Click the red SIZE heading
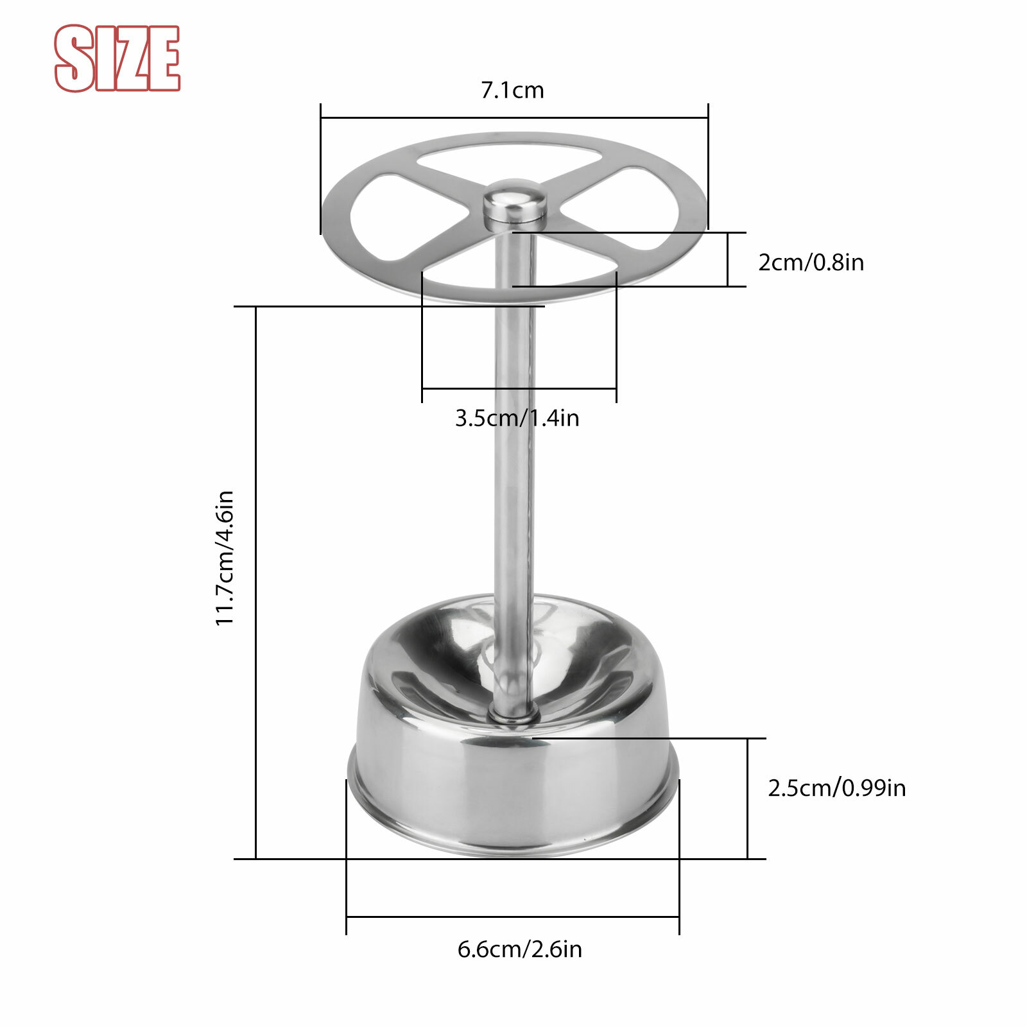pos(117,58)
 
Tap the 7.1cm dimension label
pos(512,91)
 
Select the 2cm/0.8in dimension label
pos(811,263)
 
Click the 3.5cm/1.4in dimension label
pos(517,419)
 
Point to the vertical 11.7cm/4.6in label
pos(225,558)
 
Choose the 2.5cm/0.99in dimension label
pos(836,788)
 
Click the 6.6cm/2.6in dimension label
pos(519,949)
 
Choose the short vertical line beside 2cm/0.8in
pos(727,259)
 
